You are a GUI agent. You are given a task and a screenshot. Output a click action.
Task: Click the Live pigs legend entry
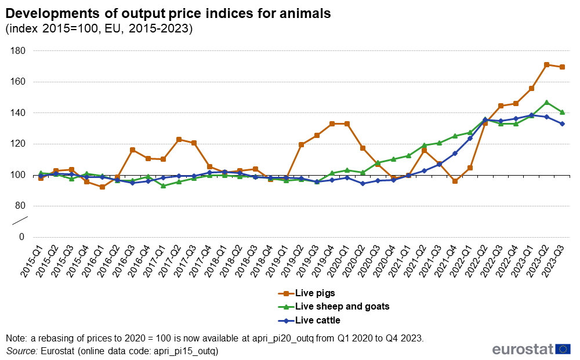click(315, 293)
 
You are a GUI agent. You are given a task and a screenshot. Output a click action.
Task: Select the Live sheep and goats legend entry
click(342, 307)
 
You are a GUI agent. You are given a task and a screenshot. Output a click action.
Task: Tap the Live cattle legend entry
click(317, 320)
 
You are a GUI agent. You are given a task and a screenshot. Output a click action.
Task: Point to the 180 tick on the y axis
click(17, 51)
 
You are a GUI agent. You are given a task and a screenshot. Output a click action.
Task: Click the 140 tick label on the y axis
click(17, 113)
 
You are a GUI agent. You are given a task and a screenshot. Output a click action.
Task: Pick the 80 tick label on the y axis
click(20, 206)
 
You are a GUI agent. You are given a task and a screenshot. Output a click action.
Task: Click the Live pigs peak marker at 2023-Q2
click(546, 65)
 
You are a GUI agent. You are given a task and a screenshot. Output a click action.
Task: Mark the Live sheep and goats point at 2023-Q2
click(546, 103)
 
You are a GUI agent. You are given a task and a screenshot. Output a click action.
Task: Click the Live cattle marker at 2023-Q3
click(562, 123)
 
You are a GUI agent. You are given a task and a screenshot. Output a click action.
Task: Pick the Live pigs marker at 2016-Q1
click(102, 187)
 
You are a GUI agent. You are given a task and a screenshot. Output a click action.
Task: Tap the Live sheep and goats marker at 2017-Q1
click(163, 186)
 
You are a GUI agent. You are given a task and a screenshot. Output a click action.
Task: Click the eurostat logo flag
click(563, 348)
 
